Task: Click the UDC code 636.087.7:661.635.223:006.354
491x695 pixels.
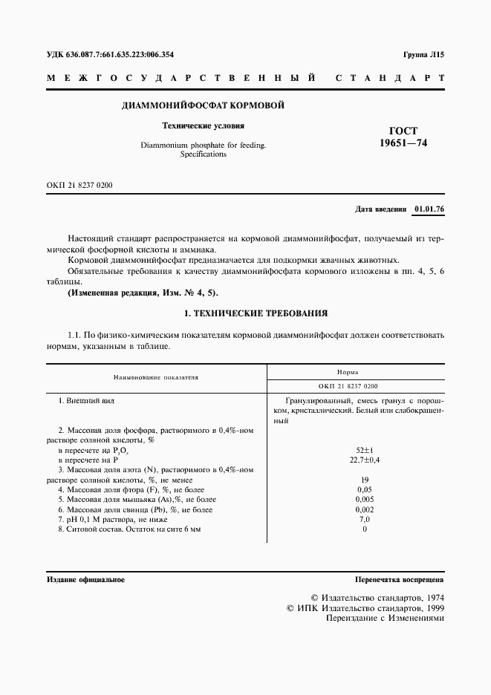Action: [110, 54]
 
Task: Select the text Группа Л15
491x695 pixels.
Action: [423, 54]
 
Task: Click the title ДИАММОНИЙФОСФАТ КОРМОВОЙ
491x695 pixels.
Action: [203, 105]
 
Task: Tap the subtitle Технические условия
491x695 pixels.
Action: [203, 126]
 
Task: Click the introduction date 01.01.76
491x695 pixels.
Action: [429, 209]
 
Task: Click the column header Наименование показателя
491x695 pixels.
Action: [157, 377]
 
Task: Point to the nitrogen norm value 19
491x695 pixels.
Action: [365, 480]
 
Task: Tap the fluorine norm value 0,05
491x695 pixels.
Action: [365, 489]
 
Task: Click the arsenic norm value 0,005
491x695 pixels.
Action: [365, 500]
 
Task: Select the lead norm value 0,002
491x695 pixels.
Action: [365, 509]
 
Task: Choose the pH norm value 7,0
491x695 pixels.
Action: [365, 519]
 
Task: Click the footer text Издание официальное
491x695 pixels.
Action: [85, 579]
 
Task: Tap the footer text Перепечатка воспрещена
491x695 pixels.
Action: [400, 579]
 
